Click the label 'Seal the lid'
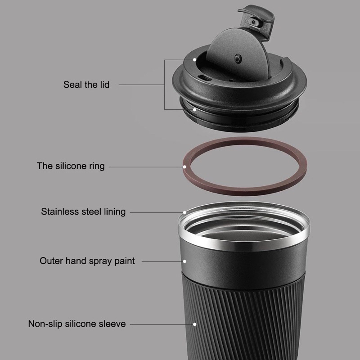(86, 85)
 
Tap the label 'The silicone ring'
(71, 166)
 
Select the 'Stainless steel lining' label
(83, 211)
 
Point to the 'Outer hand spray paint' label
(87, 261)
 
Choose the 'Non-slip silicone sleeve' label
(77, 324)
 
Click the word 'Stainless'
(60, 211)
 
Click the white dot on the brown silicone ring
(185, 166)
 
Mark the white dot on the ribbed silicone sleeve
(194, 324)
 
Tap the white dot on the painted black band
(184, 261)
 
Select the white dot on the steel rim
(184, 212)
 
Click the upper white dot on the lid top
(194, 60)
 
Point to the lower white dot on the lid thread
(194, 110)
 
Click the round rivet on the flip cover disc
(238, 59)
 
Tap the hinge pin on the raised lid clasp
(253, 22)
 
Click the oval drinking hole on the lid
(205, 78)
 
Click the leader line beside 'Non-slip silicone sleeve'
(162, 324)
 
